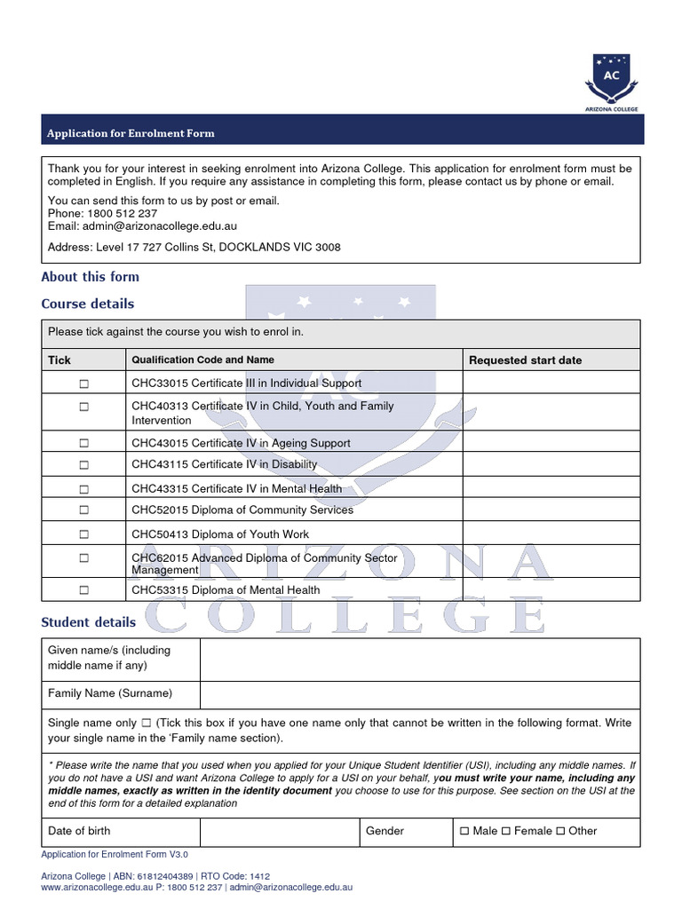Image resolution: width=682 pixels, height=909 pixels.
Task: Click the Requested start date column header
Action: point(525,360)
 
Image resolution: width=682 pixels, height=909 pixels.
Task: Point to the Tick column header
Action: point(59,360)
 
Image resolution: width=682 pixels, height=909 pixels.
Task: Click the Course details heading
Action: point(88,304)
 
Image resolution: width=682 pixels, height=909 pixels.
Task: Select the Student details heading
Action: point(89,622)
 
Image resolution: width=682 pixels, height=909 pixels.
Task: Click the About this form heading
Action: point(91,277)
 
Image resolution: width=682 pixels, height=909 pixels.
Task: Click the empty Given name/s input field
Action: point(419,658)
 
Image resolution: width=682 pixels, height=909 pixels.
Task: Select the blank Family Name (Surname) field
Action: point(419,694)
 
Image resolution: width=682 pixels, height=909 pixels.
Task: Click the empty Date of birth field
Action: point(278,832)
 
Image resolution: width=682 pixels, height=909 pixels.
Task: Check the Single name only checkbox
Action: point(147,723)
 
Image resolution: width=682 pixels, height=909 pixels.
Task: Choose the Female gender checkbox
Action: point(507,832)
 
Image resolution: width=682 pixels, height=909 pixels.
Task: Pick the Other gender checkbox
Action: point(561,832)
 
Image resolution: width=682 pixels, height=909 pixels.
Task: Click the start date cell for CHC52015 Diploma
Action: point(551,510)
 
